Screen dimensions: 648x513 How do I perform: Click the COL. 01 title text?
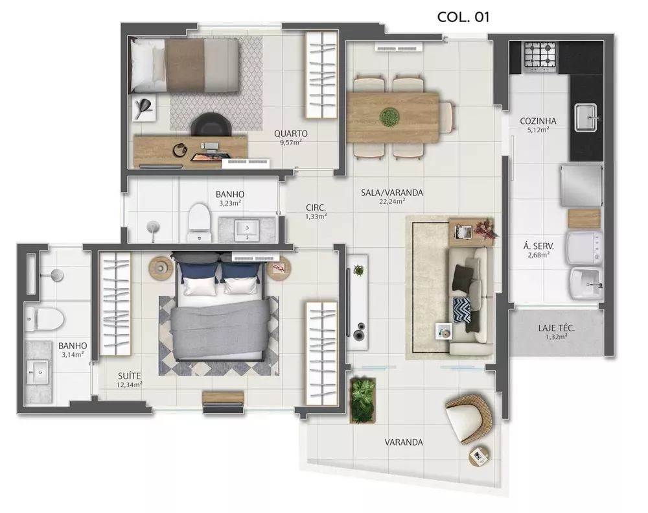463,17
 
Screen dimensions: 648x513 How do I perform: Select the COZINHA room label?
538,121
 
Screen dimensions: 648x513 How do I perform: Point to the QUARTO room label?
291,134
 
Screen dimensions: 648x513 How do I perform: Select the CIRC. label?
316,208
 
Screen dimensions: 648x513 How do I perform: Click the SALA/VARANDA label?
392,193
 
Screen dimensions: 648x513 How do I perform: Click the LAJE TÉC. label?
556,328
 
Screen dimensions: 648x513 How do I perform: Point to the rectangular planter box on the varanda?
363,400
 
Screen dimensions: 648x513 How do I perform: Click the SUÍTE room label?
130,376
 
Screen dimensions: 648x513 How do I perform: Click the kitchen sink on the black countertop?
586,118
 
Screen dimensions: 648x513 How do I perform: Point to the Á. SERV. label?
538,246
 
